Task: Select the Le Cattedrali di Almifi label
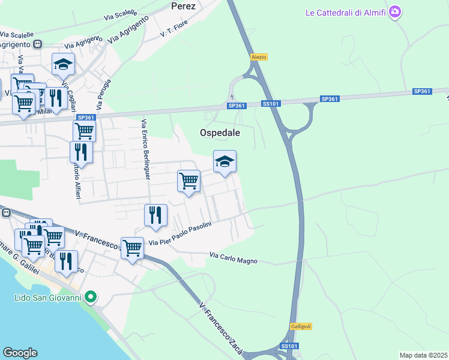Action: pyautogui.click(x=345, y=11)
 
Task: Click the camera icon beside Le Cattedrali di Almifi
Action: pyautogui.click(x=394, y=11)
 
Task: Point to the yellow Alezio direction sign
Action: pyautogui.click(x=259, y=57)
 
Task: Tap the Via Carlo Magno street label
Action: pyautogui.click(x=234, y=259)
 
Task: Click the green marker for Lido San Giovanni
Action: pyautogui.click(x=91, y=296)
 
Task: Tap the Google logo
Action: pyautogui.click(x=20, y=353)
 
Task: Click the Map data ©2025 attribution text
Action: pyautogui.click(x=423, y=355)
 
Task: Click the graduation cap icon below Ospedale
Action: pyautogui.click(x=224, y=161)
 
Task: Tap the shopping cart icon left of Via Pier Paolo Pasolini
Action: pyautogui.click(x=132, y=247)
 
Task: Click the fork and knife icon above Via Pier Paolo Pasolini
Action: pyautogui.click(x=155, y=215)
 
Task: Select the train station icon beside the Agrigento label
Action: pyautogui.click(x=38, y=44)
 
